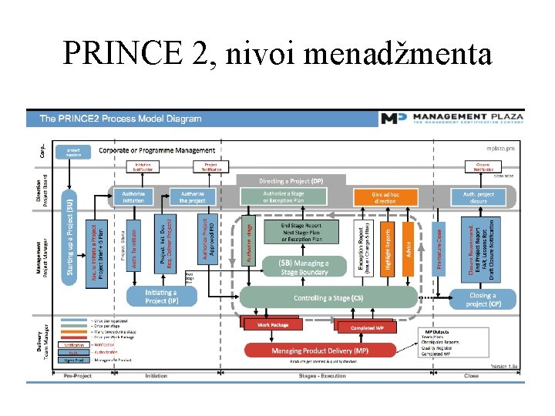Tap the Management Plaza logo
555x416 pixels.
tap(452, 119)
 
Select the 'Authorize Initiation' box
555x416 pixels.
tap(133, 196)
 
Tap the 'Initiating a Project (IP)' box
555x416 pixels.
tap(161, 297)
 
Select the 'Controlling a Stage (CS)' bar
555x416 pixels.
tap(328, 298)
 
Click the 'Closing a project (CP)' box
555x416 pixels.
tap(483, 298)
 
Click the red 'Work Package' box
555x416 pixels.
tap(274, 325)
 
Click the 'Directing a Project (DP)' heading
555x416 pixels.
tap(291, 181)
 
